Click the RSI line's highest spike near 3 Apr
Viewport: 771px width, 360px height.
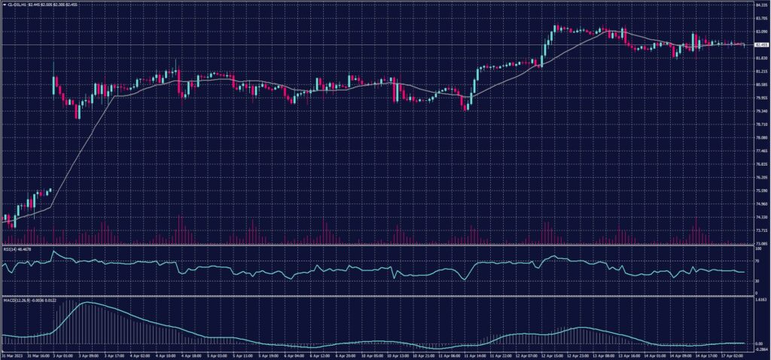(x=53, y=252)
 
